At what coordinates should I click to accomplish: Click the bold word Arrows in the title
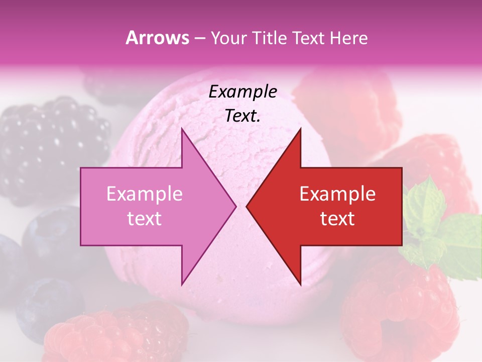coord(157,38)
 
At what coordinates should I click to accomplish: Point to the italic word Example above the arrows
coord(243,92)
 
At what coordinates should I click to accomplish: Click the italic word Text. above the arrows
coord(243,116)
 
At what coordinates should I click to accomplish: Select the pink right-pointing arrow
coord(151,206)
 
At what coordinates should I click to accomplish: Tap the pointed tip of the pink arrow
coord(234,206)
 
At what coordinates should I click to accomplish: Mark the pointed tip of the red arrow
coord(248,206)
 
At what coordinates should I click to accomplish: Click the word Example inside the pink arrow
coord(145,194)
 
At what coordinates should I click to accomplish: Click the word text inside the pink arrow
coord(145,219)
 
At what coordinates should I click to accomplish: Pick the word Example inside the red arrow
coord(337,194)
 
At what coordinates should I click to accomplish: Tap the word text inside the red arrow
coord(337,219)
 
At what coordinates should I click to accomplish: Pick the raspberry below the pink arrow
coord(115,332)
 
